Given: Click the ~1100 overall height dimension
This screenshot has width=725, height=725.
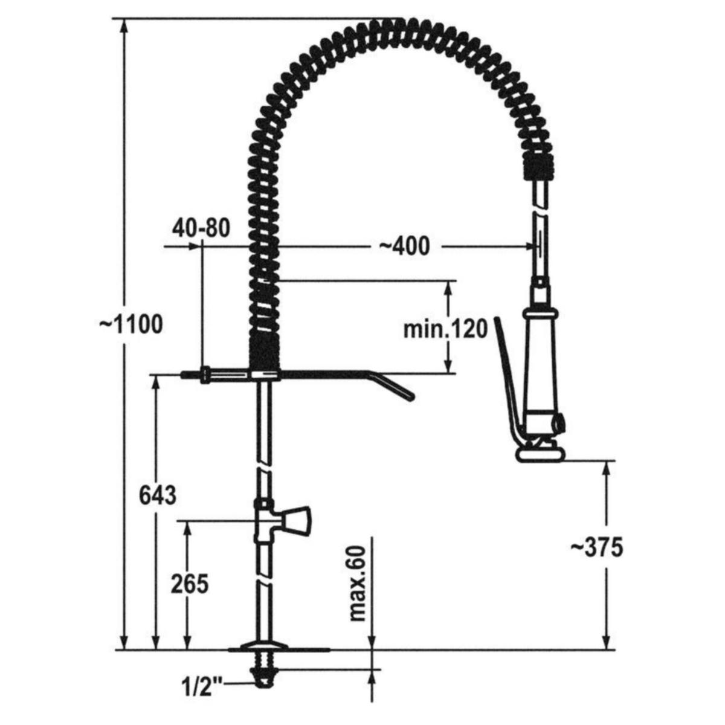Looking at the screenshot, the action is point(131,324).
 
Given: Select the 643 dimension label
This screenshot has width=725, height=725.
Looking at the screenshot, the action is point(158,496).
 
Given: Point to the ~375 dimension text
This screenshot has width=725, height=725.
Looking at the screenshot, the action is point(597,547).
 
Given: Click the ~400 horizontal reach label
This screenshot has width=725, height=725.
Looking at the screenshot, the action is point(404,246).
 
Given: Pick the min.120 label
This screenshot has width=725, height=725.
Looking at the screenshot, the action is point(445,330).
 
